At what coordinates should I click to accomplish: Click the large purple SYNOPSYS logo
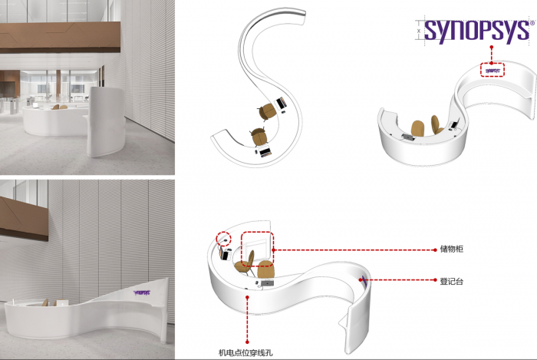[476, 30]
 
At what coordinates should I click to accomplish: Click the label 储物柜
[450, 249]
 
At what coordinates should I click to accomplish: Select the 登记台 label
[450, 282]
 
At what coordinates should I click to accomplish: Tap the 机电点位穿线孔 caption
[246, 352]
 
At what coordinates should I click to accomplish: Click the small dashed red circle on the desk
[223, 239]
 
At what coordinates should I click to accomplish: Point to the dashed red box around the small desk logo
[493, 69]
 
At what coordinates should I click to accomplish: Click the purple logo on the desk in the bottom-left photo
[143, 292]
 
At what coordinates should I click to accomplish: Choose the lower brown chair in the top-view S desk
[258, 137]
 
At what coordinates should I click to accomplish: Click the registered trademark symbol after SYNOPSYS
[532, 24]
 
